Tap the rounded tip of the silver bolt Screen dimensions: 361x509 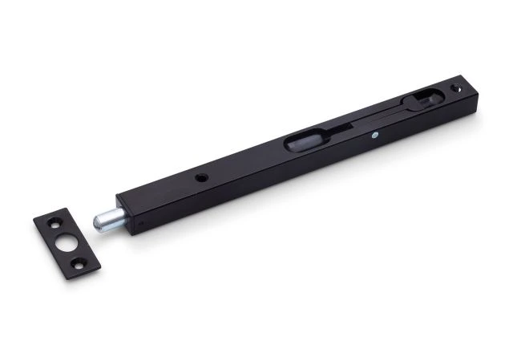click(96, 221)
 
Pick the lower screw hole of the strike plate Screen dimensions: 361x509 click(79, 260)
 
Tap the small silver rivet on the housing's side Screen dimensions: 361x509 click(374, 137)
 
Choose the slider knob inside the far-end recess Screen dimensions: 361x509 click(422, 99)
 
